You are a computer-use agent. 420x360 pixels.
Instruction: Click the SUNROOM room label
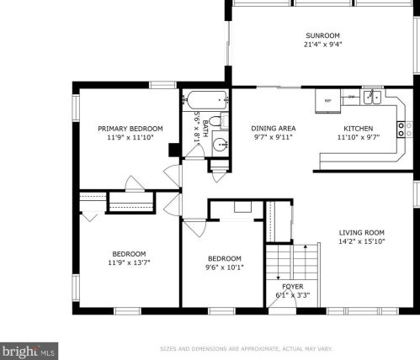pyautogui.click(x=322, y=35)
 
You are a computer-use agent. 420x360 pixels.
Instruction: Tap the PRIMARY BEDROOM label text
pyautogui.click(x=130, y=129)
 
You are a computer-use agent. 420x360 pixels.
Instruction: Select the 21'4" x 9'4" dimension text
pyautogui.click(x=322, y=45)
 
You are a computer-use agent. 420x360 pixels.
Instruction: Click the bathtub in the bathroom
pyautogui.click(x=207, y=100)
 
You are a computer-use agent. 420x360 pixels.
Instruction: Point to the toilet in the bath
pyautogui.click(x=219, y=121)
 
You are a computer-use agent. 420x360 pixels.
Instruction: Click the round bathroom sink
pyautogui.click(x=220, y=145)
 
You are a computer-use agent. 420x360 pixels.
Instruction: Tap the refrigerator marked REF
pyautogui.click(x=327, y=101)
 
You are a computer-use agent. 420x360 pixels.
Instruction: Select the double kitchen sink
pyautogui.click(x=372, y=97)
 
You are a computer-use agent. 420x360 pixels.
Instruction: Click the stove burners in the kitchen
pyautogui.click(x=401, y=130)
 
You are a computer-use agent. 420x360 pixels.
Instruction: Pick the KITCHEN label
pyautogui.click(x=359, y=129)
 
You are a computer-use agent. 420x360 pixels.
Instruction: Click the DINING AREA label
pyautogui.click(x=273, y=129)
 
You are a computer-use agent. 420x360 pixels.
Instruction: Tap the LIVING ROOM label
pyautogui.click(x=362, y=232)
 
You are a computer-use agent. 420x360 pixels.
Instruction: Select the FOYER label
pyautogui.click(x=293, y=286)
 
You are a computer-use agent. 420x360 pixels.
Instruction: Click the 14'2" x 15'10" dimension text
pyautogui.click(x=362, y=241)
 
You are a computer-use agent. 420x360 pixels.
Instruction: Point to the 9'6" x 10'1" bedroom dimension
pyautogui.click(x=225, y=267)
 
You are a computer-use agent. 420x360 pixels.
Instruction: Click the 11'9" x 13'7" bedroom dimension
pyautogui.click(x=129, y=262)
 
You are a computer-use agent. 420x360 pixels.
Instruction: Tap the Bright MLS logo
pyautogui.click(x=29, y=351)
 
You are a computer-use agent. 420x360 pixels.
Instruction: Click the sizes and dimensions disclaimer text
pyautogui.click(x=246, y=349)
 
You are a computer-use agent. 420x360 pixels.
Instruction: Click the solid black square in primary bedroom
pyautogui.click(x=174, y=150)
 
